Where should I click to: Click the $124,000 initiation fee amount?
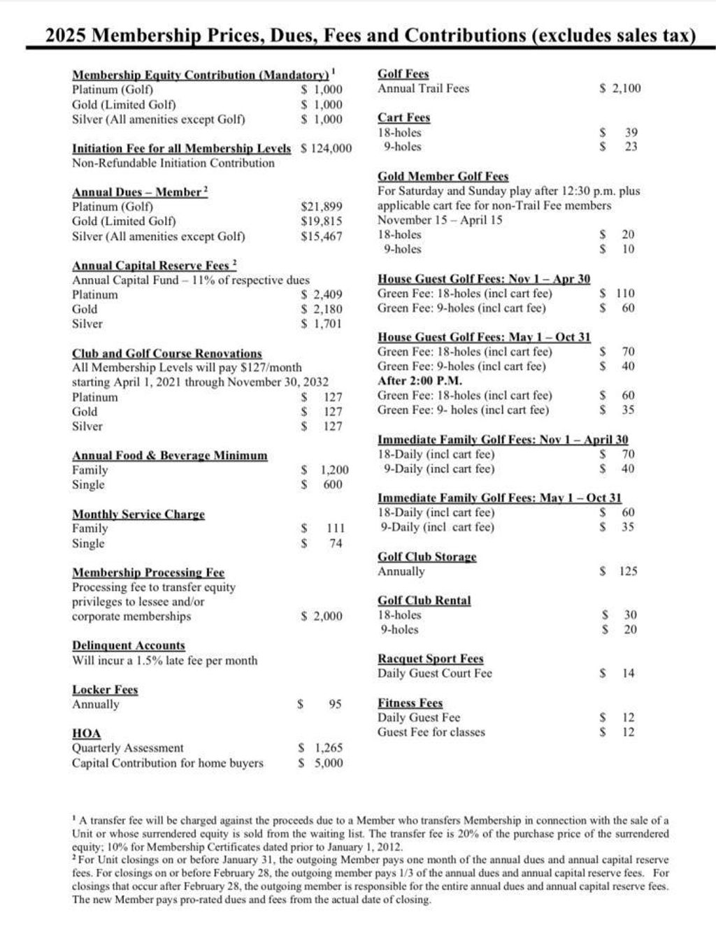tap(326, 148)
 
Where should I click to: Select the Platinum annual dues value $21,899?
tap(322, 206)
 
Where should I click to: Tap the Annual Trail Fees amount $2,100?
tap(620, 88)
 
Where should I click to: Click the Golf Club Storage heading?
tap(427, 556)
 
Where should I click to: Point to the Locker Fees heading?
tap(105, 689)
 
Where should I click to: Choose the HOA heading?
tap(86, 733)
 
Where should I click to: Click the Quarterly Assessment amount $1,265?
tap(320, 747)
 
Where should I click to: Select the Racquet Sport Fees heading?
tap(430, 659)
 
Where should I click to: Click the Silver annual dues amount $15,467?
tap(322, 236)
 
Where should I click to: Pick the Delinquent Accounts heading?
tap(129, 645)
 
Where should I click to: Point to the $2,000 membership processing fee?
tap(322, 616)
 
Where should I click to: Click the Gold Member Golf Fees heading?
tap(443, 176)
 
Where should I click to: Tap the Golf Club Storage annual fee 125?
tap(627, 571)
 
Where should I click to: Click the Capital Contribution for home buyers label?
tap(167, 763)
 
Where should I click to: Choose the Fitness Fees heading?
tap(410, 703)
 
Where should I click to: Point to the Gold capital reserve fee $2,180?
tap(322, 309)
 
